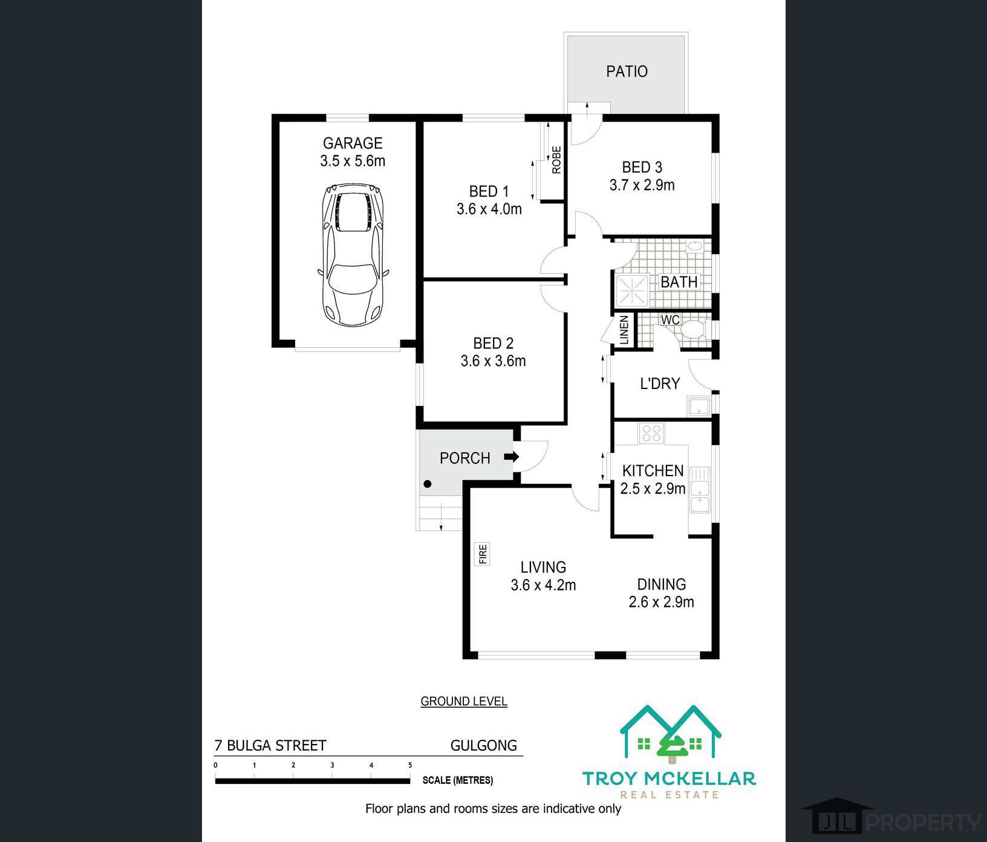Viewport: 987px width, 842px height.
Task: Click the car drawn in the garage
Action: pos(353,255)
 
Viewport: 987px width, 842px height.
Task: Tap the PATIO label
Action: pos(627,71)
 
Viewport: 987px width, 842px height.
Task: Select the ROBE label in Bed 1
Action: pos(556,160)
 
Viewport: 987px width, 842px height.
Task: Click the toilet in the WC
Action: pos(692,330)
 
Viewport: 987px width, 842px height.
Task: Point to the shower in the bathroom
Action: pos(631,292)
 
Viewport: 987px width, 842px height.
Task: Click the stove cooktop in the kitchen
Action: pos(652,432)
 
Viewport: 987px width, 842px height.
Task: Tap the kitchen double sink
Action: pos(700,489)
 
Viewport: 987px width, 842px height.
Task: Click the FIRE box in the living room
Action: pos(483,554)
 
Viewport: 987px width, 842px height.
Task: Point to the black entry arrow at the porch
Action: pos(512,457)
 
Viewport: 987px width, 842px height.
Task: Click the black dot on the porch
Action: pos(428,484)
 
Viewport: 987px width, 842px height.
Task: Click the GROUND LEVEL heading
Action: pos(464,702)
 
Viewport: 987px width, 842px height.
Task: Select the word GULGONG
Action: pos(484,745)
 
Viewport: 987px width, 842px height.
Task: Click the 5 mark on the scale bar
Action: pos(410,765)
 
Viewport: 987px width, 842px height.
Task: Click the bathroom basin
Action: pos(695,246)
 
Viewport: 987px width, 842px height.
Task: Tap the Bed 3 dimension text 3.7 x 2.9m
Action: pos(642,185)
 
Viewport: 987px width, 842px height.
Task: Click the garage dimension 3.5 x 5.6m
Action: pos(353,161)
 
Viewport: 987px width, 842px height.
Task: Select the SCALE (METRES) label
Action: pos(458,780)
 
